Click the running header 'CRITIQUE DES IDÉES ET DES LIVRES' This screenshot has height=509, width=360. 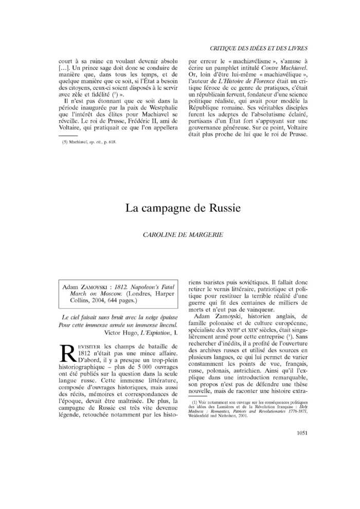click(x=259, y=48)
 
